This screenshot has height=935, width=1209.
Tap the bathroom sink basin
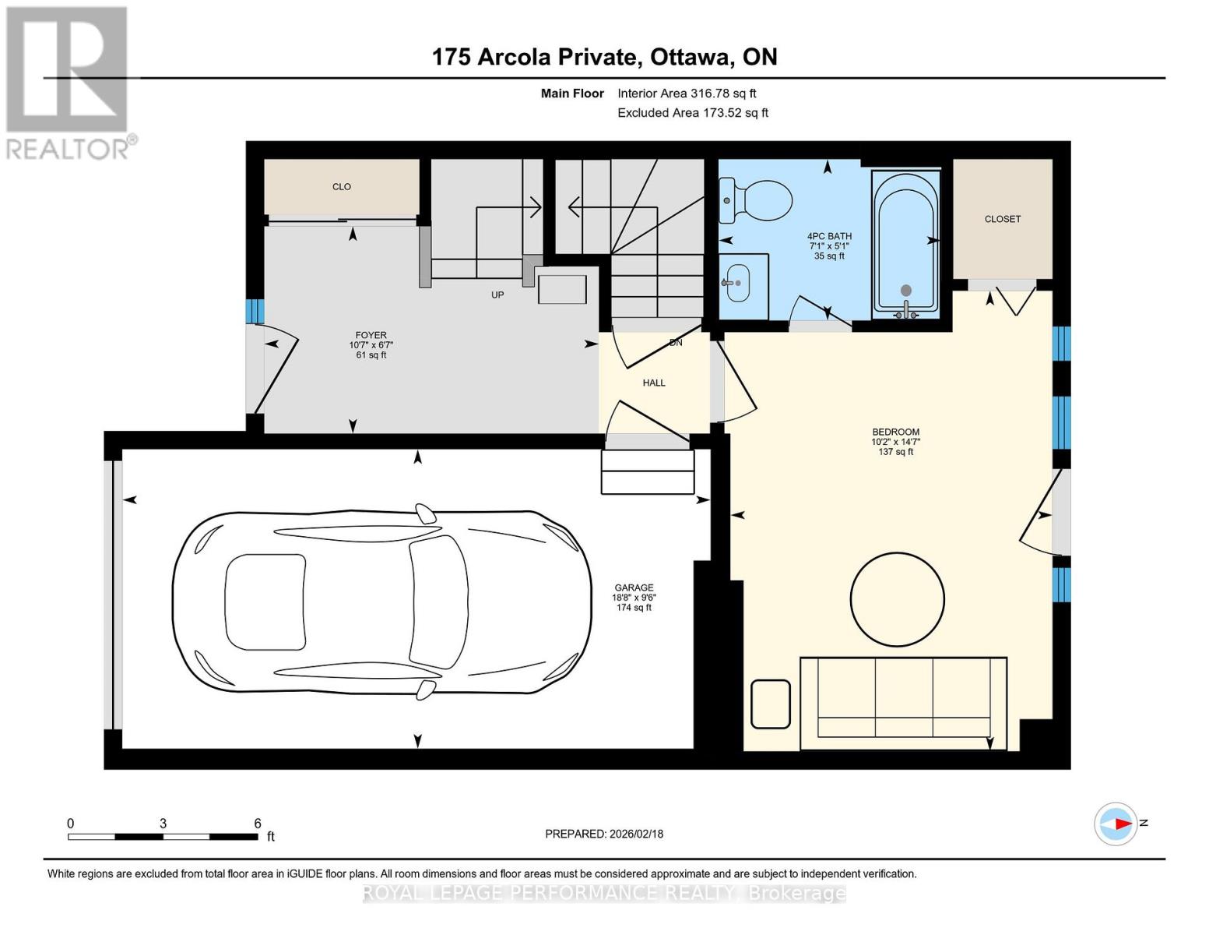(x=736, y=282)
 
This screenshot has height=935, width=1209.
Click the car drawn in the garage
(x=381, y=602)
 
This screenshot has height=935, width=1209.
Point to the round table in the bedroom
(x=897, y=599)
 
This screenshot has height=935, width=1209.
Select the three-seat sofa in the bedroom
(x=903, y=697)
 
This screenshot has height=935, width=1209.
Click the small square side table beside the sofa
(x=771, y=704)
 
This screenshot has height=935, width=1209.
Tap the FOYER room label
(x=371, y=335)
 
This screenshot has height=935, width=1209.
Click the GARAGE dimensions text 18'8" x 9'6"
(x=634, y=598)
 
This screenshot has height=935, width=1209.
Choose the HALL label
(x=654, y=383)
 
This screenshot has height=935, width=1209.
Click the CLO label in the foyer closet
(x=342, y=187)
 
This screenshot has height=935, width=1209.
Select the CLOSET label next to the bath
(x=1002, y=219)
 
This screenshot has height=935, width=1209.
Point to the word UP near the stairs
(x=497, y=295)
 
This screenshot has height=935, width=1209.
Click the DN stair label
(x=676, y=342)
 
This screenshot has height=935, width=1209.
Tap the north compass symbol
(x=1116, y=824)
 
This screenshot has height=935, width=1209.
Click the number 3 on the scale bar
(x=163, y=823)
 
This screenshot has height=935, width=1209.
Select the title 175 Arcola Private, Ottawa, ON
(x=604, y=57)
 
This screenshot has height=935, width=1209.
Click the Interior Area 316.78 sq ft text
(x=687, y=93)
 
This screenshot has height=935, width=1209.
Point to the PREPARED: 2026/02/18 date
(x=604, y=834)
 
